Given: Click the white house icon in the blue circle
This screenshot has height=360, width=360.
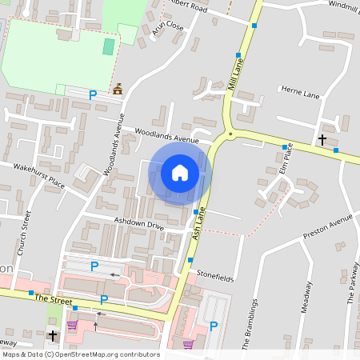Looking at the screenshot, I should click(180, 172).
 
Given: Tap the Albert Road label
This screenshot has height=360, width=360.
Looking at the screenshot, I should click(189, 7).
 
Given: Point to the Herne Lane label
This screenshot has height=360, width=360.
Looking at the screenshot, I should click(301, 94).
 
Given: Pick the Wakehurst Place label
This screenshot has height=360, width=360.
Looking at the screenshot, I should click(40, 176).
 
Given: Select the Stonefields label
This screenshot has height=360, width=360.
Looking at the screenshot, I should click(214, 271).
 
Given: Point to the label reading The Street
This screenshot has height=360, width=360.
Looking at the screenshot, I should click(54, 298).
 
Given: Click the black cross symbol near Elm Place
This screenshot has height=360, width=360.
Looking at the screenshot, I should click(322, 140).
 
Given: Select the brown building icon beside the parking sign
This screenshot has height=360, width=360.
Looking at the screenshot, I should click(118, 90).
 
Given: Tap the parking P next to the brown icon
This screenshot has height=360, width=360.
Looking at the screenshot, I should click(93, 94).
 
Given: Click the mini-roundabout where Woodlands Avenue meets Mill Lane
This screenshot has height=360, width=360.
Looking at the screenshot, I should click(230, 134).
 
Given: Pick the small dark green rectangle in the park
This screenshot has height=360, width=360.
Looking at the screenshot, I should click(108, 46).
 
